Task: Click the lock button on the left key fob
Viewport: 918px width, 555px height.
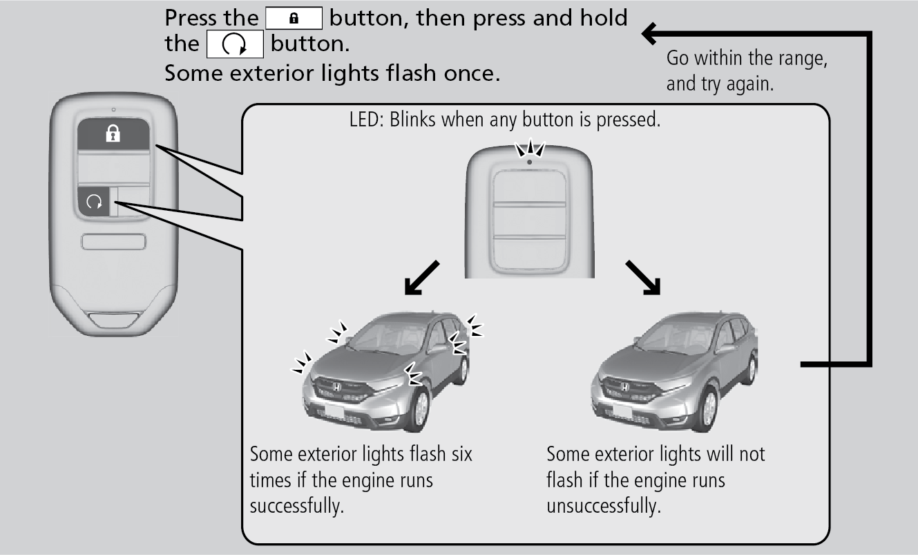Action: [113, 134]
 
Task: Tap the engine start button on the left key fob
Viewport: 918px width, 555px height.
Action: [95, 202]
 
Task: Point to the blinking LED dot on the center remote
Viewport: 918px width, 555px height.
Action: [528, 162]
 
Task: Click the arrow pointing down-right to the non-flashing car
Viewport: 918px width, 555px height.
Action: [642, 277]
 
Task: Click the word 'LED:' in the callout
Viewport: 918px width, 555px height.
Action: [367, 121]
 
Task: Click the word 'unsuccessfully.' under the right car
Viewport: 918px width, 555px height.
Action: [603, 505]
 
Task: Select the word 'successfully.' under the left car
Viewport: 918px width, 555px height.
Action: [296, 505]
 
